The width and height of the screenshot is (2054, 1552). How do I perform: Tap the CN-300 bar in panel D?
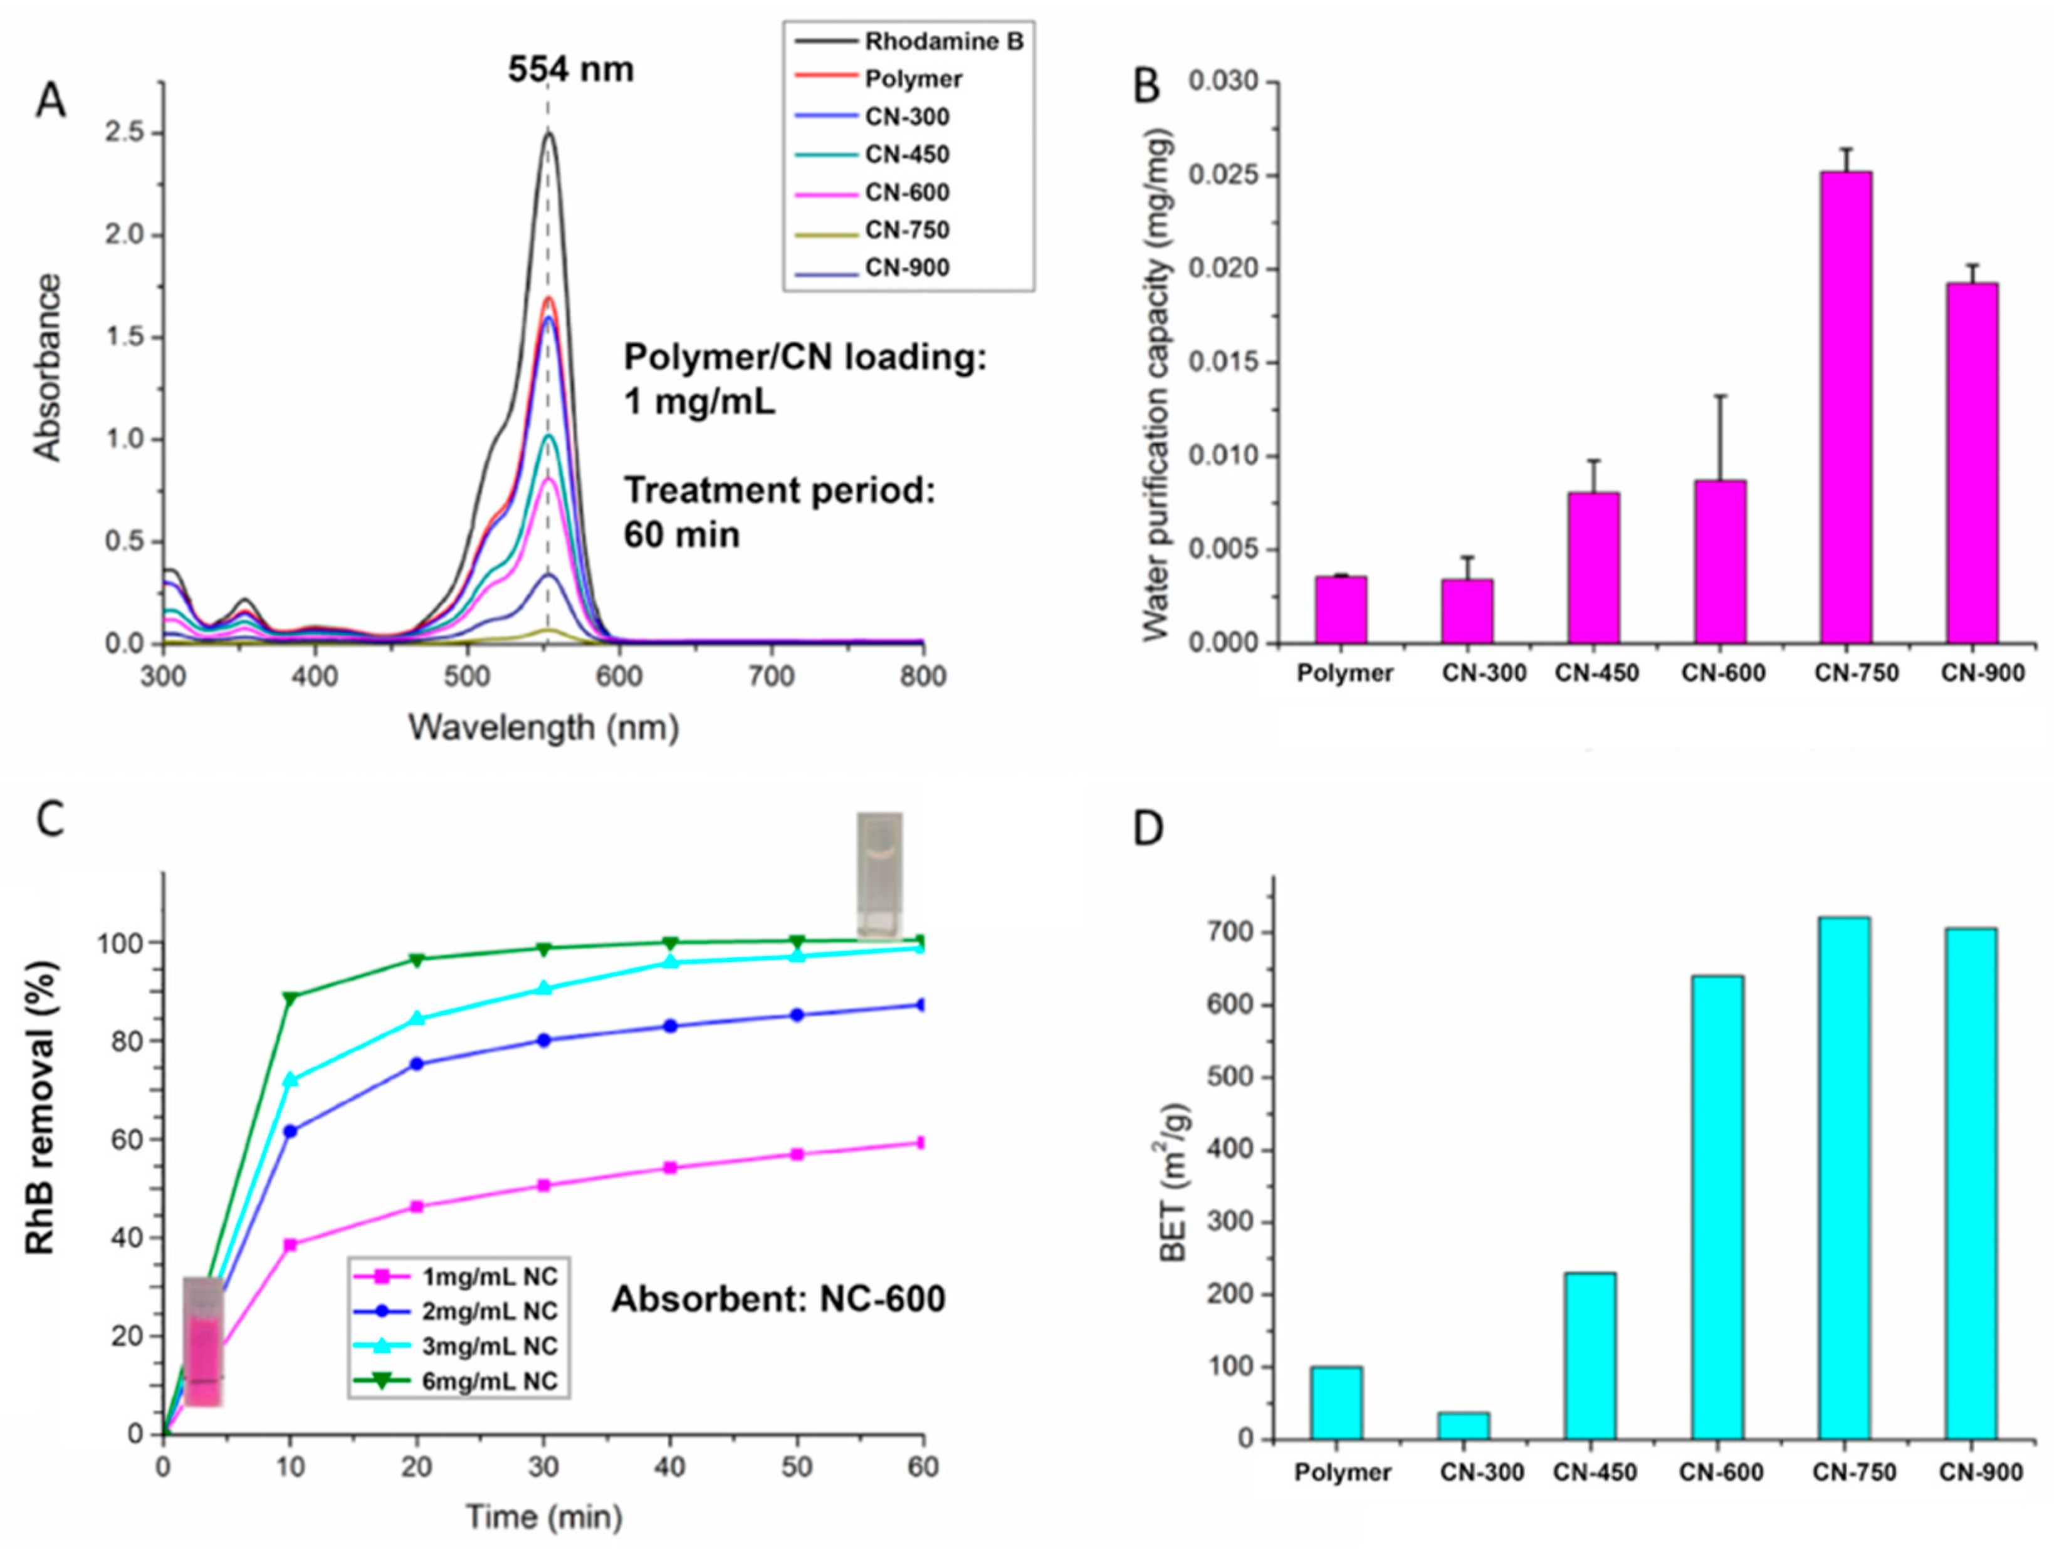point(1464,1426)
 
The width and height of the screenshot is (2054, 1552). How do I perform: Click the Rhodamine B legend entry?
point(943,42)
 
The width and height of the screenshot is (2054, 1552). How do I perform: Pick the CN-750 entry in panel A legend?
point(906,230)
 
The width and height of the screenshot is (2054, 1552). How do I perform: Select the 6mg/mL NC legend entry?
point(490,1381)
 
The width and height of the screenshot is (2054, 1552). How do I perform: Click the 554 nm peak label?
point(570,70)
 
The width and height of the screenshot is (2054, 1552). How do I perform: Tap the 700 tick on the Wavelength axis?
point(771,676)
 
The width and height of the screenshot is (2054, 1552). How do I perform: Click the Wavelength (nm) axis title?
point(543,727)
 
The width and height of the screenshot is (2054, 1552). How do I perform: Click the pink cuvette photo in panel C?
point(203,1341)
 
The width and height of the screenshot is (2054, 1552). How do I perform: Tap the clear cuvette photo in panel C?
point(878,875)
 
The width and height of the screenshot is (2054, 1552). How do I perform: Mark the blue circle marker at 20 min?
point(417,1064)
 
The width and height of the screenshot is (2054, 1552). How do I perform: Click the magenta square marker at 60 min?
point(921,1143)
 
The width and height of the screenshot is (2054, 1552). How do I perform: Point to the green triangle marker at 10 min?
point(291,998)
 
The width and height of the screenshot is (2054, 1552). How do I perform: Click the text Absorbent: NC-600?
point(778,1299)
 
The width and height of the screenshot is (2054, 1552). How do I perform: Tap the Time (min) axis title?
point(543,1517)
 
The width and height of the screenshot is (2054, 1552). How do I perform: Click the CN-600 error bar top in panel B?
point(1721,397)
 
